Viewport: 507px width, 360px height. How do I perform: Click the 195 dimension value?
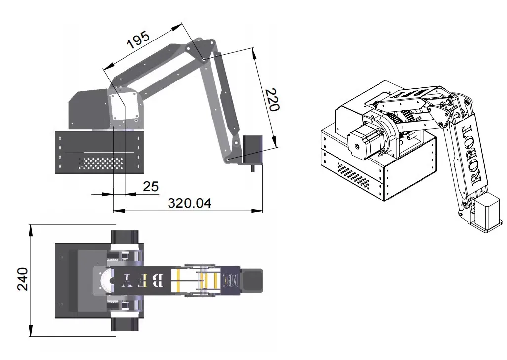[138, 39]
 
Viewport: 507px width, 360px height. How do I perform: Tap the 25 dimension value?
[150, 187]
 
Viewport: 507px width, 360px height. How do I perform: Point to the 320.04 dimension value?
[189, 203]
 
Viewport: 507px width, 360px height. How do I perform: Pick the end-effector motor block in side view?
[253, 149]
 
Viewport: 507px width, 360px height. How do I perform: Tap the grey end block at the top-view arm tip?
[253, 280]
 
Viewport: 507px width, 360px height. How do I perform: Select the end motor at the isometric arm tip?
[487, 212]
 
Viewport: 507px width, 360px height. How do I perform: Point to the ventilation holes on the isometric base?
[354, 177]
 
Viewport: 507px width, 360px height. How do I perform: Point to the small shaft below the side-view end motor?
[253, 168]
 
